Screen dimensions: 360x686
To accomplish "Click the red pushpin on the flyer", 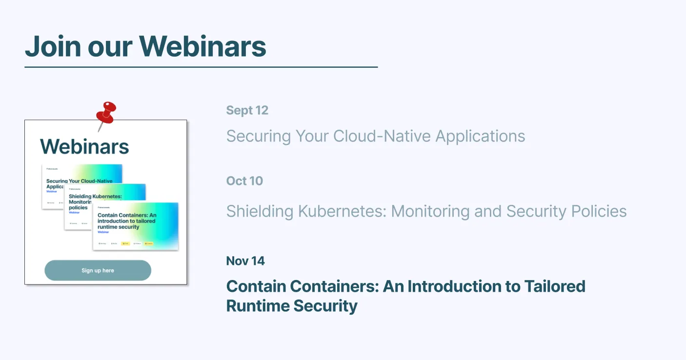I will pos(106,113).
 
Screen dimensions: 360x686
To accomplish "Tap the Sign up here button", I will pos(98,270).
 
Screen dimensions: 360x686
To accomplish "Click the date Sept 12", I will pos(247,110).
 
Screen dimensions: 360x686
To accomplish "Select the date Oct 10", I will pos(244,181).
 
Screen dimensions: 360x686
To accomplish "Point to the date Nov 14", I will pos(245,261).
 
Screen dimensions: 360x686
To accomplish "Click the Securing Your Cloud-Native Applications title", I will pos(376,136).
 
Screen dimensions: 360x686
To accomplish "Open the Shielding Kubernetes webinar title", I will pos(426,211).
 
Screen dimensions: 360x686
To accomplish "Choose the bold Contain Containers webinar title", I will pos(405,296).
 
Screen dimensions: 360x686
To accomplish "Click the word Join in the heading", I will pos(52,46).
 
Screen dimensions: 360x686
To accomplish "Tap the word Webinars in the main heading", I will pos(202,46).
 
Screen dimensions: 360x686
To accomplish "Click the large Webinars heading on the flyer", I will pos(84,146).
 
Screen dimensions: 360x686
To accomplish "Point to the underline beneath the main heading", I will pos(201,67).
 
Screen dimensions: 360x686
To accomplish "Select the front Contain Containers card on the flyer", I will pos(135,226).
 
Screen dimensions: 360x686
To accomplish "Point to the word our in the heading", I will pos(110,46).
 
